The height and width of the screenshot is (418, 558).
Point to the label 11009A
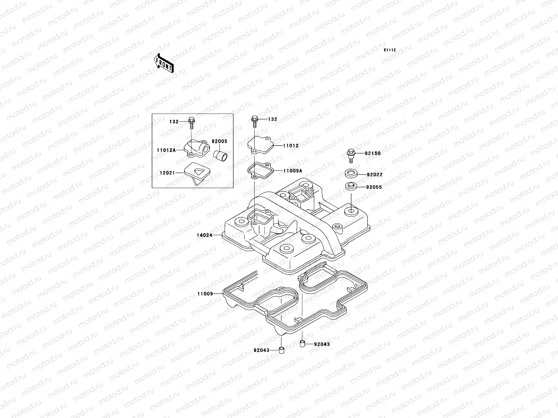pyautogui.click(x=293, y=171)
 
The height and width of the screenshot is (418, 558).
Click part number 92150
pyautogui.click(x=373, y=153)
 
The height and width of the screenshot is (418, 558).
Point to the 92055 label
pyautogui.click(x=374, y=187)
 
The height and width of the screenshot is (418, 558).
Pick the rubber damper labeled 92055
pyautogui.click(x=350, y=186)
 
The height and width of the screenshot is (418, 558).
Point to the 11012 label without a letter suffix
pyautogui.click(x=291, y=146)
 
